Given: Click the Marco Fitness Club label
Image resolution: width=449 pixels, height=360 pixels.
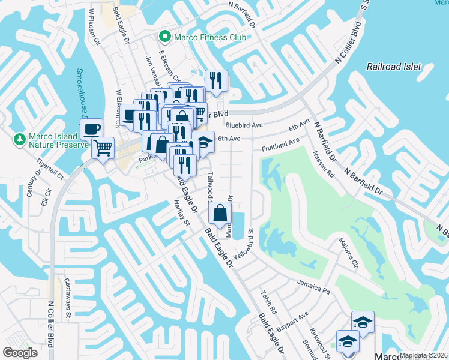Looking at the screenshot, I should coord(210,37).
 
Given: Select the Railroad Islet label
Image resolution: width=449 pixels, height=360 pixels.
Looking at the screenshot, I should coord(394,67).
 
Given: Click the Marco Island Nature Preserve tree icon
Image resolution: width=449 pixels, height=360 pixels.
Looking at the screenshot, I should coord(19,140).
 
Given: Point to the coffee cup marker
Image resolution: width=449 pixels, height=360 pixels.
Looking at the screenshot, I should coord(91,129).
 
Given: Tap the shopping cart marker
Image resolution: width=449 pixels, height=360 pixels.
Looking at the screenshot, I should coord(103,146).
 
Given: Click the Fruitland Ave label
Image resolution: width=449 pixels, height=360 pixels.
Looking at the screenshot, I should coord(280,145).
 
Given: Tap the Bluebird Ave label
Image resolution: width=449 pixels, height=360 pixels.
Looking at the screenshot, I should coord(244,125).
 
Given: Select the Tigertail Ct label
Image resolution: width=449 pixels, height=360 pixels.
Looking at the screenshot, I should coord(50,170).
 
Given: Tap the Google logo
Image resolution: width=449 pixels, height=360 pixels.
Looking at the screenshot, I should coord(20,353).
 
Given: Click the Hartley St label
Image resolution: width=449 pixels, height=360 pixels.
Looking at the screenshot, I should coord(181,214).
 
